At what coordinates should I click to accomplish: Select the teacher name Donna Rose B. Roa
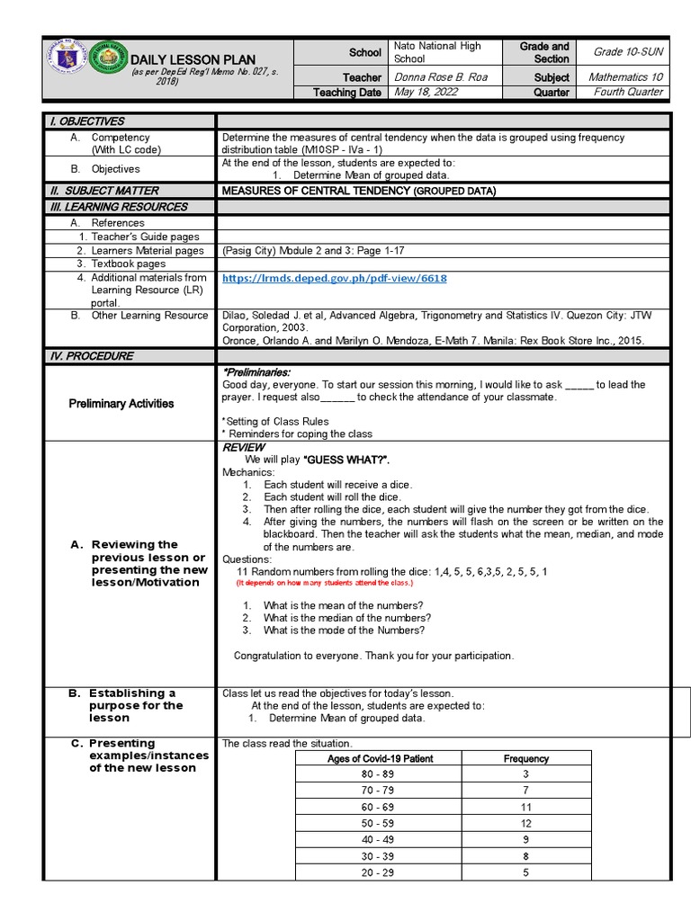[x=441, y=77]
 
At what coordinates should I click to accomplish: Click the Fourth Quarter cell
[x=628, y=92]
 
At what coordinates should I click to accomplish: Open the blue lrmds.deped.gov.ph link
[x=334, y=279]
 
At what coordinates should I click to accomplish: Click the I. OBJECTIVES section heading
[x=86, y=121]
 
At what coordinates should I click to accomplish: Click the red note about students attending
[x=325, y=583]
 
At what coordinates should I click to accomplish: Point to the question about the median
[x=346, y=618]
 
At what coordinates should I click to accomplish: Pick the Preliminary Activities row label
[x=121, y=404]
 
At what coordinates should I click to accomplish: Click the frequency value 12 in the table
[x=526, y=823]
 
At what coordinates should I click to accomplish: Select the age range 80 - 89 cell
[x=378, y=774]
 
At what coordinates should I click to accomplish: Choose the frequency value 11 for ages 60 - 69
[x=526, y=807]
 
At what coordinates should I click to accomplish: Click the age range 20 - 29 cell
[x=378, y=872]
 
